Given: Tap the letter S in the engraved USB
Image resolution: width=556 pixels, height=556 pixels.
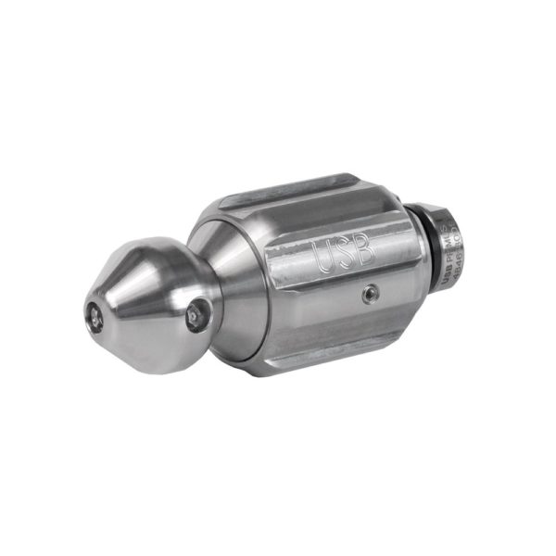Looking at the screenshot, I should point(342,250).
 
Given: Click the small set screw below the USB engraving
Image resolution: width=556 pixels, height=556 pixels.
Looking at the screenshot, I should point(370,294).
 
